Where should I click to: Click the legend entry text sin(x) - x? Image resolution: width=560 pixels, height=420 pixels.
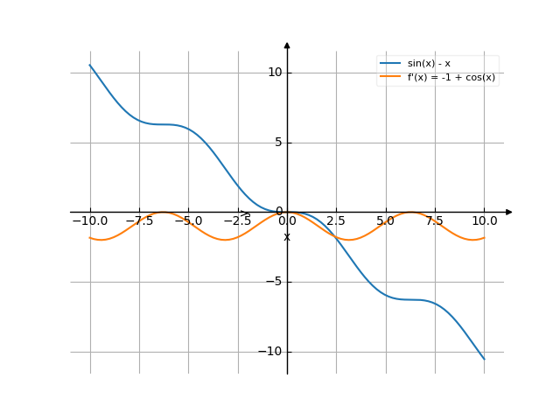(429, 64)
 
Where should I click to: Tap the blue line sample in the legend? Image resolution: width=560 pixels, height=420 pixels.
(390, 64)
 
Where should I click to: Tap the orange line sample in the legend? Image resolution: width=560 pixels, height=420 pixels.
(390, 77)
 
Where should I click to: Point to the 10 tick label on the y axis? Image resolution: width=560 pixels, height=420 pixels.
(275, 72)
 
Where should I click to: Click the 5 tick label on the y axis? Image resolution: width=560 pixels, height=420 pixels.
(278, 142)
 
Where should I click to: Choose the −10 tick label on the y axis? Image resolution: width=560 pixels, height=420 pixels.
(272, 351)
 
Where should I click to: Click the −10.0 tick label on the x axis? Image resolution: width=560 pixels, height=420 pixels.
(90, 221)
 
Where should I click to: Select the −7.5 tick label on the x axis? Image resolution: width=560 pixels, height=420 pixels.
(139, 221)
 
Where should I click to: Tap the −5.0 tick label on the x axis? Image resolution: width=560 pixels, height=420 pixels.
(188, 221)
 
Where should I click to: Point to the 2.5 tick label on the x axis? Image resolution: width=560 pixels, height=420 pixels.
(337, 221)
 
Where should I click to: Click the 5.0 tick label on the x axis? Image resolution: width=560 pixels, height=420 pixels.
(386, 221)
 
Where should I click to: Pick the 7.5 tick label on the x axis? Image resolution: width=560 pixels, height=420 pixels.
(435, 221)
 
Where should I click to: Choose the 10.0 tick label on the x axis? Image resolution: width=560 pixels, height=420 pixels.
(484, 221)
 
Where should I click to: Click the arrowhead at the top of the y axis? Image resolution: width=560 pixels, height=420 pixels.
(287, 45)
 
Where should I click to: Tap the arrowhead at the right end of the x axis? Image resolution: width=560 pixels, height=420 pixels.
(509, 212)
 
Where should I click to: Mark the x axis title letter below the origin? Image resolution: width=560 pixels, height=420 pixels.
(287, 237)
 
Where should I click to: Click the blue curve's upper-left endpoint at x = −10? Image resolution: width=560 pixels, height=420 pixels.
(90, 65)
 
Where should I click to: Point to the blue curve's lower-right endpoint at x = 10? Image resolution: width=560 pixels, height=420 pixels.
(484, 359)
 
